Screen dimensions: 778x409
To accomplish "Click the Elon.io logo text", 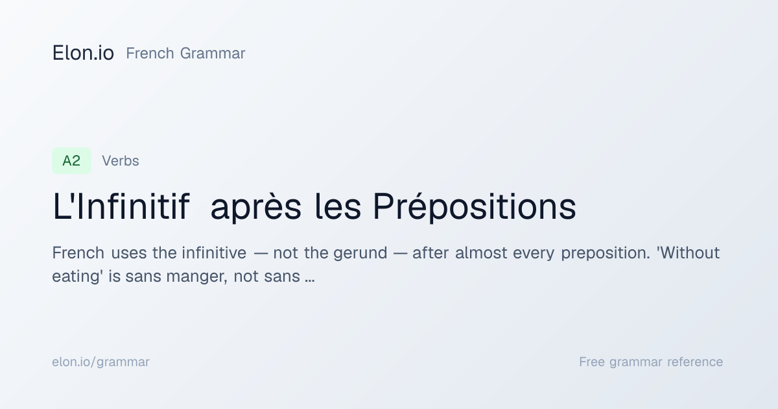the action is tap(83, 53).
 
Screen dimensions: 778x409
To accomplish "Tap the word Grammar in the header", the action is tap(213, 53).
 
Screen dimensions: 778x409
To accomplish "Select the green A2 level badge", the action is tap(71, 161).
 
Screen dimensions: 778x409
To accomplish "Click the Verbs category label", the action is tap(120, 161).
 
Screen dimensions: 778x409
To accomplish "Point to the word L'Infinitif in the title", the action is tap(121, 206).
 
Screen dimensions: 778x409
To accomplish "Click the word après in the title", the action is tap(255, 207).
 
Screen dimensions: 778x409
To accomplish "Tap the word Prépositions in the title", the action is tap(475, 207).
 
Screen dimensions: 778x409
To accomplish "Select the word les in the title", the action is tap(338, 206).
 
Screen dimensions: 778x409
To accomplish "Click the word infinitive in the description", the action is tap(214, 253).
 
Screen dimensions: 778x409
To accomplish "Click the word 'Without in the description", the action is tap(688, 253).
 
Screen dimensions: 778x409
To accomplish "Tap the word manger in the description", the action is tap(197, 277).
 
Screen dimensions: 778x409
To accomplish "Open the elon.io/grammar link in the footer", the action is tap(100, 362).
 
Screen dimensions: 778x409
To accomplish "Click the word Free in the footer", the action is tap(592, 362).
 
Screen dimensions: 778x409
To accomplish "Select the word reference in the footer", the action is tap(695, 362).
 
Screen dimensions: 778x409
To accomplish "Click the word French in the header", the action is tap(150, 53).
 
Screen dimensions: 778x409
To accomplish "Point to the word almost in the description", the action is tap(481, 253).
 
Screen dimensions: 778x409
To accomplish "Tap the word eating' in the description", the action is tap(77, 277).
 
